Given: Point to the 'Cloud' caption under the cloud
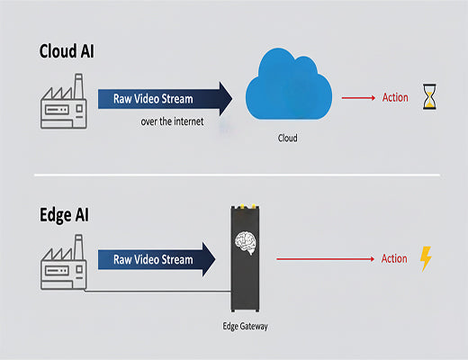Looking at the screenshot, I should click(286, 139).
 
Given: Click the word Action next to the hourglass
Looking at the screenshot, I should click(394, 97).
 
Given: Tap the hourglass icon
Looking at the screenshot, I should click(427, 97).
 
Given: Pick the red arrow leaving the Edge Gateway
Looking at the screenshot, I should click(324, 259).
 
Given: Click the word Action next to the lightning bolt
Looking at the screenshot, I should click(394, 259).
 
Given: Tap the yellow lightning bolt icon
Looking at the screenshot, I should click(426, 259).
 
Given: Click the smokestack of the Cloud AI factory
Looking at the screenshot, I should click(78, 83).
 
